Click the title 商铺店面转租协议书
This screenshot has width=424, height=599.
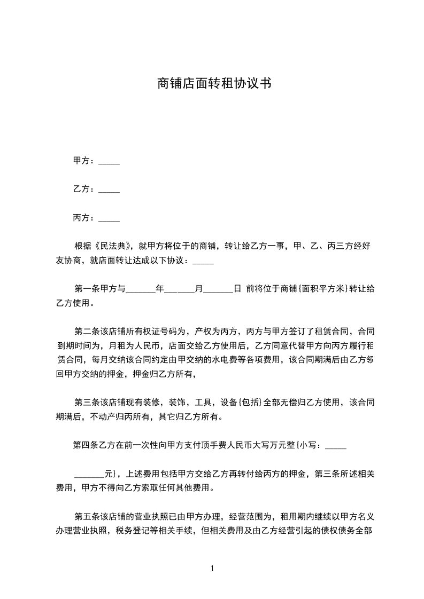pyautogui.click(x=212, y=83)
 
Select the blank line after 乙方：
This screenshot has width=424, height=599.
pyautogui.click(x=110, y=190)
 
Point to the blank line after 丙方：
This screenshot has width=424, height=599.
pyautogui.click(x=110, y=219)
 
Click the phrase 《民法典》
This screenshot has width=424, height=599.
pyautogui.click(x=113, y=246)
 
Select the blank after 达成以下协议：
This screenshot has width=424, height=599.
pyautogui.click(x=203, y=262)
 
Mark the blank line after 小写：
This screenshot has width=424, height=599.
pyautogui.click(x=336, y=446)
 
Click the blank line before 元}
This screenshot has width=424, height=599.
pyautogui.click(x=89, y=475)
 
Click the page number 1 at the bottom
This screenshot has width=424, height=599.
pyautogui.click(x=212, y=569)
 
